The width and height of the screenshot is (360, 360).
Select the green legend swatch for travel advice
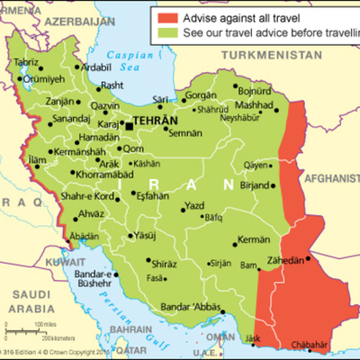[170, 32]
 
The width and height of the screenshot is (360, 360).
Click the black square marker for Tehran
[129, 121]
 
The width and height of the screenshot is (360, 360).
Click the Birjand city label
[256, 184]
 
